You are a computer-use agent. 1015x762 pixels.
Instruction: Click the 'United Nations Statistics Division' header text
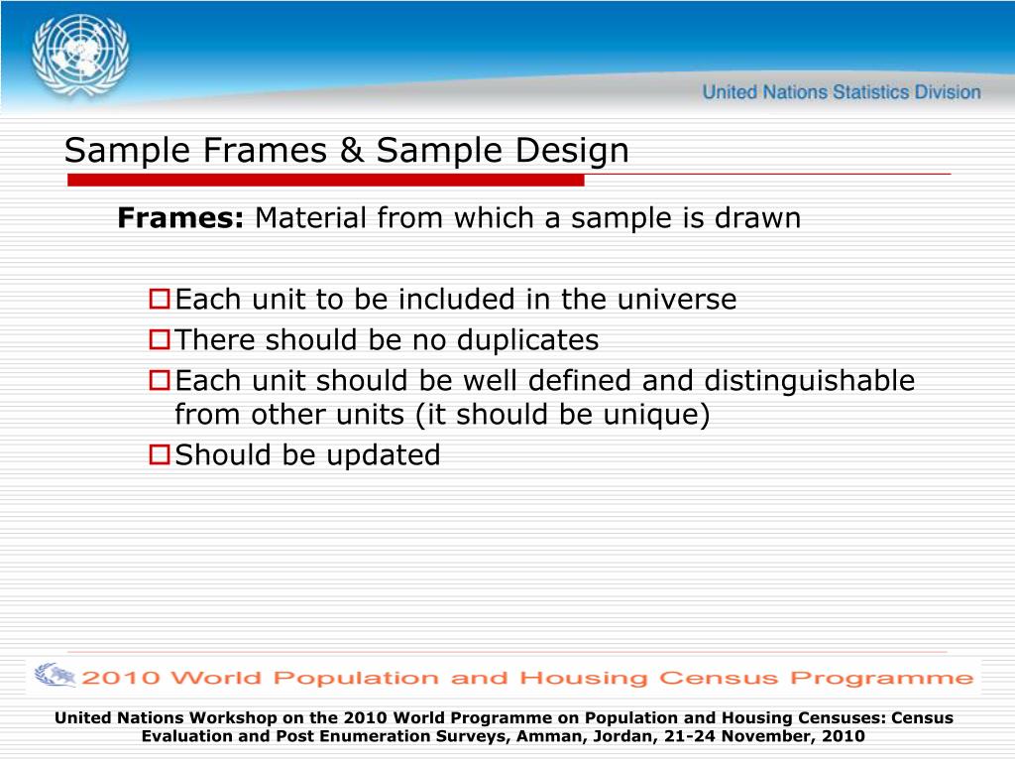pyautogui.click(x=842, y=92)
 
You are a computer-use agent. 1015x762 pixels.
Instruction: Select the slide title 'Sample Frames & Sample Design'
pyautogui.click(x=346, y=151)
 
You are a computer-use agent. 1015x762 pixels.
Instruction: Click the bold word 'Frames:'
pyautogui.click(x=180, y=218)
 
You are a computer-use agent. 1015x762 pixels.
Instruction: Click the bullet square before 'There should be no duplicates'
pyautogui.click(x=160, y=340)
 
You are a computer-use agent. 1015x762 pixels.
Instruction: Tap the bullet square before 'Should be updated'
pyautogui.click(x=160, y=454)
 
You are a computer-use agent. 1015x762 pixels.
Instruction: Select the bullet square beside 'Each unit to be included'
pyautogui.click(x=160, y=299)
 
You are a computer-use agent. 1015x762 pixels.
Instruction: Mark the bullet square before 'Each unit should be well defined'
pyautogui.click(x=160, y=380)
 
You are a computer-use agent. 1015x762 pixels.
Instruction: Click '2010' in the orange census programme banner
pyautogui.click(x=117, y=679)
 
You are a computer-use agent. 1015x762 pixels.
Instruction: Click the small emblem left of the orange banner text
pyautogui.click(x=54, y=676)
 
